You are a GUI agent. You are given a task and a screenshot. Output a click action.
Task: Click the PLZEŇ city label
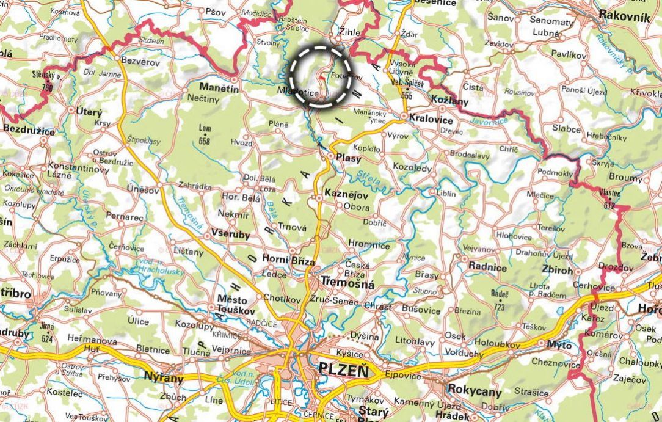pos(343,370)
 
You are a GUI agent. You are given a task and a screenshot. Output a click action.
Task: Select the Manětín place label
pos(217,88)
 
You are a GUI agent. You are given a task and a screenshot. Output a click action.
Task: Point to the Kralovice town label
pos(431,119)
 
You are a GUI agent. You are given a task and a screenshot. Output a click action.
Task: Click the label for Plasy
pos(349,158)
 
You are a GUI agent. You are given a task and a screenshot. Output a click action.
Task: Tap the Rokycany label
pos(475,391)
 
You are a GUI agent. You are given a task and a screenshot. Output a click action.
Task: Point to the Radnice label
pos(487,267)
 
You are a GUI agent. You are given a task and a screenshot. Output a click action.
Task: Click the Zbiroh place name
pos(558,269)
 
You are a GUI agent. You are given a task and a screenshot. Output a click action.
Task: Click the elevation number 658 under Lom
pos(205,141)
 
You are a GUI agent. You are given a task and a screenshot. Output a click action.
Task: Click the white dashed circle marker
pos(321,76)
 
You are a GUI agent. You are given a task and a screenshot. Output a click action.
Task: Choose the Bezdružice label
pos(29,130)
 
